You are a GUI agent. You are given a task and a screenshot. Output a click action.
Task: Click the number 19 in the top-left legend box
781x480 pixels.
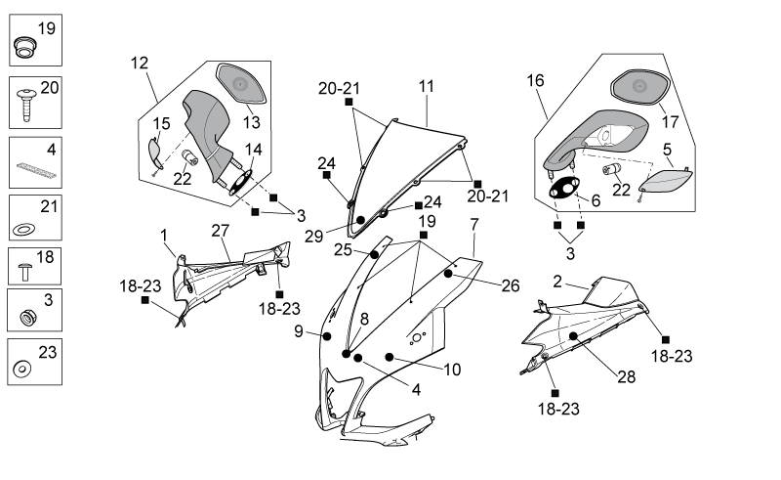click(46, 28)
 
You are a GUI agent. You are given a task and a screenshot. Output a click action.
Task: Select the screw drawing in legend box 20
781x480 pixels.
click(26, 104)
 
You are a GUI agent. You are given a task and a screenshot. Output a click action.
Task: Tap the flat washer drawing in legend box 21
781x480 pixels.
click(23, 230)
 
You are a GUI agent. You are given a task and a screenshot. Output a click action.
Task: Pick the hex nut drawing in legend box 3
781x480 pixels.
click(27, 317)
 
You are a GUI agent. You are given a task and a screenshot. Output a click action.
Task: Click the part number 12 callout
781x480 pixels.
click(140, 63)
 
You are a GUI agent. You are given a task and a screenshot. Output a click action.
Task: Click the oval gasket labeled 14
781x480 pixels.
click(241, 182)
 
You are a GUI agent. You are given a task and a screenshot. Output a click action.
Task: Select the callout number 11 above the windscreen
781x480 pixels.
click(427, 86)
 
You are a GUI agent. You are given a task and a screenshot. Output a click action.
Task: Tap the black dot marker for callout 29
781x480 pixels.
click(360, 220)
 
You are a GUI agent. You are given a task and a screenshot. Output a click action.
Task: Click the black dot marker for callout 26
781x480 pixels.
click(448, 274)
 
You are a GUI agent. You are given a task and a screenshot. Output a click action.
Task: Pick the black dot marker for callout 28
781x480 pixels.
click(573, 336)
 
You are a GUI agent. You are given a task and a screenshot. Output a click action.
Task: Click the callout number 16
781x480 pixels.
click(535, 80)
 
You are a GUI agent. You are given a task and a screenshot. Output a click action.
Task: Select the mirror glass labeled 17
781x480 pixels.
click(640, 88)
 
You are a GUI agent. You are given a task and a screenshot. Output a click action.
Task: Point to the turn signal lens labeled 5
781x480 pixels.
click(666, 182)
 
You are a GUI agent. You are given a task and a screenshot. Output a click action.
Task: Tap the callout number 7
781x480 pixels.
click(474, 225)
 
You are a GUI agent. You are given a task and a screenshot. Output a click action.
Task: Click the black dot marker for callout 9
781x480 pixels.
click(327, 336)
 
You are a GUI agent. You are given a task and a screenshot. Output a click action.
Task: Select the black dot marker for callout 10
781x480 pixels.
click(390, 357)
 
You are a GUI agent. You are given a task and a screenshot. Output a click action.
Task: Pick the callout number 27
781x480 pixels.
click(221, 231)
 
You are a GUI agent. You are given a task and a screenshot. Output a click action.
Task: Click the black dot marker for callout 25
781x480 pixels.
click(374, 254)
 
